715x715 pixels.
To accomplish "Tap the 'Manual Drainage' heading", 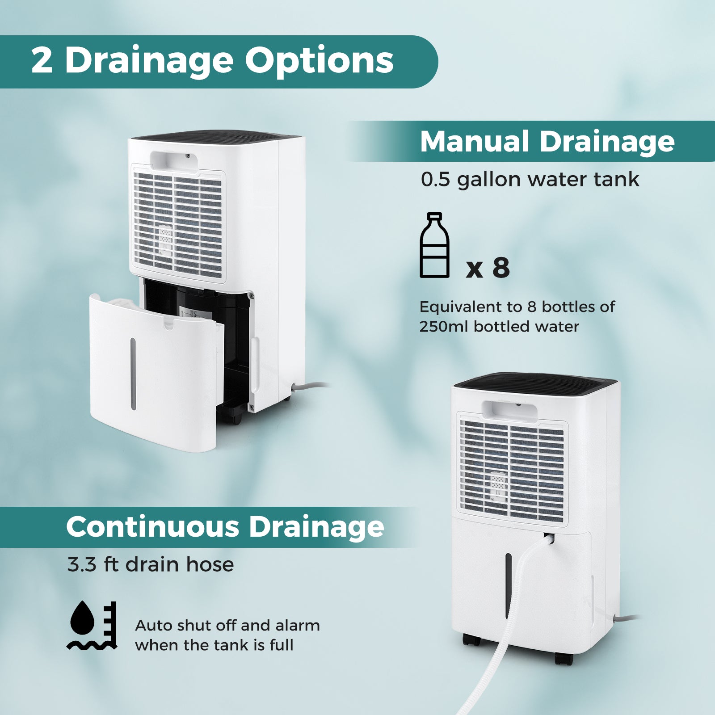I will (547, 142).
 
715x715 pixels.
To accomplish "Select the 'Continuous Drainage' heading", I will (225, 527).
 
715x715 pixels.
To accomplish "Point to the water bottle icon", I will (434, 245).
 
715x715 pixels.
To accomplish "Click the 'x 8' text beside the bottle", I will (488, 268).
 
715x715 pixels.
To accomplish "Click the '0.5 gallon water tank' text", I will (530, 179).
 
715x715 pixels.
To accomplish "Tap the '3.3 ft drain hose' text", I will (151, 564).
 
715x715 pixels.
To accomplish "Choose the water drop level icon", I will (93, 625).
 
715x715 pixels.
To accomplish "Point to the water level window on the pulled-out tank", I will (133, 373).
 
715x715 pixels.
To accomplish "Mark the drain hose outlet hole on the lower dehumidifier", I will (550, 537).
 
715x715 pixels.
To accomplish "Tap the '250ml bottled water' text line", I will (499, 327).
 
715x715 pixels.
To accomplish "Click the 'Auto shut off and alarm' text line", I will (227, 625).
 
